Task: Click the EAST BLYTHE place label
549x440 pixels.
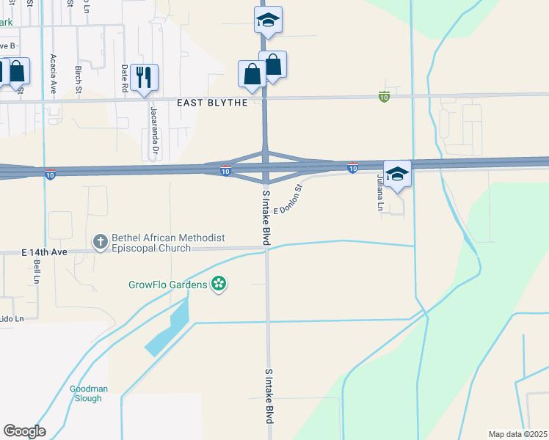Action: tap(213, 103)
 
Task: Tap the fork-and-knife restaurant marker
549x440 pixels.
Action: tap(144, 77)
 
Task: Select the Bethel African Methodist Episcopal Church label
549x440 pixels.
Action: tap(167, 243)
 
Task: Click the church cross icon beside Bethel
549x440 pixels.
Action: tap(100, 241)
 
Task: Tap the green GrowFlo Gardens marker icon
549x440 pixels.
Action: tap(218, 283)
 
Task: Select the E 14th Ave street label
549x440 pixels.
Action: tap(44, 252)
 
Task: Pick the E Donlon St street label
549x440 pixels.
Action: tap(288, 200)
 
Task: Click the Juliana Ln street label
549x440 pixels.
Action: tap(380, 193)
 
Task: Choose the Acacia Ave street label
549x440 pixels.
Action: tap(54, 73)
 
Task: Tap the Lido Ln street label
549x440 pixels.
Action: tap(12, 318)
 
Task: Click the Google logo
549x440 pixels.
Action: tap(24, 431)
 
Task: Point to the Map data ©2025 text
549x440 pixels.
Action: tap(517, 434)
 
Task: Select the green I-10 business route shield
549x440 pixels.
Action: tap(384, 96)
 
